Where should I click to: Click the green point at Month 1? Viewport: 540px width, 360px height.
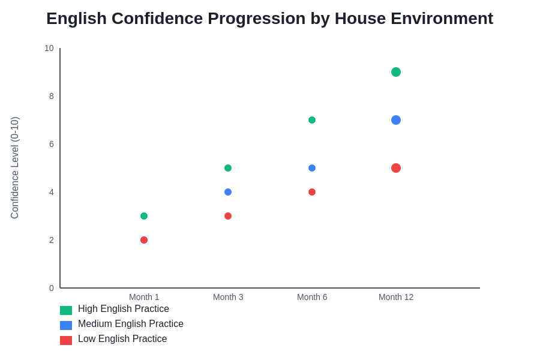tap(144, 216)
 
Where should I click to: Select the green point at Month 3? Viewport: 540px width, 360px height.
tap(228, 168)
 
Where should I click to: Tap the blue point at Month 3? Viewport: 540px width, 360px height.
tap(228, 192)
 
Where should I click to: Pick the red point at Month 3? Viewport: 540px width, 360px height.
tap(228, 216)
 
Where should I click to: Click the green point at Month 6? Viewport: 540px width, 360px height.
tap(312, 120)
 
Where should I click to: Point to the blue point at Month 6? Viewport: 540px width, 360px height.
tap(312, 168)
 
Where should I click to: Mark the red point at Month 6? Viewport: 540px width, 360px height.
tap(312, 192)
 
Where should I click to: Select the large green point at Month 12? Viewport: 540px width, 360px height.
tap(396, 72)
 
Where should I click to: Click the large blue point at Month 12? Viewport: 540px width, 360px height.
tap(396, 120)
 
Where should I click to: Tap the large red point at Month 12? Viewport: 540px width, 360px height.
tap(396, 168)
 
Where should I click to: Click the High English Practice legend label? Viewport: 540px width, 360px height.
tap(124, 309)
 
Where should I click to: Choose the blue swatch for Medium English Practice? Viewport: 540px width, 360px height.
tap(66, 325)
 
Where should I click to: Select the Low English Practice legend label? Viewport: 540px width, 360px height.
tap(122, 339)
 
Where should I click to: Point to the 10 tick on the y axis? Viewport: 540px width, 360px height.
tap(49, 48)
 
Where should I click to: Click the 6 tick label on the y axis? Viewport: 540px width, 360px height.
tap(52, 144)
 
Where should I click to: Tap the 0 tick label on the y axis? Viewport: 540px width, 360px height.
tap(52, 288)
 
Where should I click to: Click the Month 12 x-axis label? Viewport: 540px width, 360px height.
tap(396, 297)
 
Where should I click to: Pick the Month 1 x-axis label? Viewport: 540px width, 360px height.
tap(144, 297)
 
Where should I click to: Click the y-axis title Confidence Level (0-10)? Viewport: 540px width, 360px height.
tap(15, 168)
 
